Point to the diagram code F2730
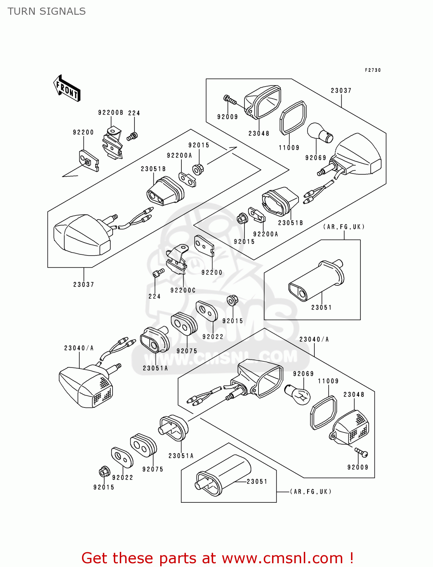point(373,70)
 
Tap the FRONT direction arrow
point(67,88)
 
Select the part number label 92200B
point(110,113)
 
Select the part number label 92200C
point(183,290)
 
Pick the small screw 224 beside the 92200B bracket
point(132,136)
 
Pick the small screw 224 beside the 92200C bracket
point(158,273)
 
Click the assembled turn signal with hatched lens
point(87,386)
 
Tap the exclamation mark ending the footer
point(351,558)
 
